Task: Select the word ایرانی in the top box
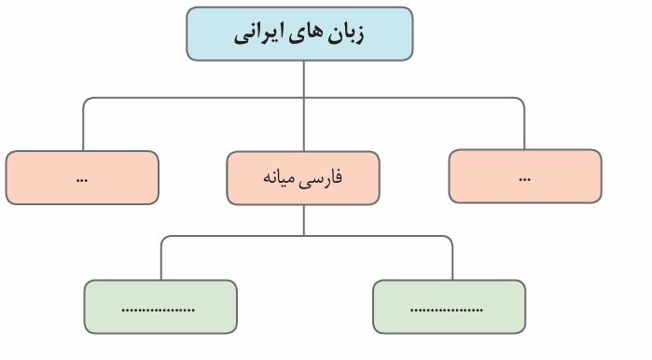[258, 35]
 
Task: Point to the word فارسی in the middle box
[322, 178]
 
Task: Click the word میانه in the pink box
[279, 178]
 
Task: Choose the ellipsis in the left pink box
[82, 180]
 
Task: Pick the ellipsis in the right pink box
[525, 180]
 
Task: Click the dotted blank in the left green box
[159, 310]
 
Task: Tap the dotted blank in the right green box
[446, 310]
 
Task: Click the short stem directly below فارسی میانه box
[304, 220]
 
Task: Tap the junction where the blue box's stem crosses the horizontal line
[304, 98]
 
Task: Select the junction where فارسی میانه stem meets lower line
[304, 236]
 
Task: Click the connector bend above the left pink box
[85, 100]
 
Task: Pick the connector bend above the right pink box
[521, 100]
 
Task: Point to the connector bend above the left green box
[163, 238]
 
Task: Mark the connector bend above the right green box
[451, 238]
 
